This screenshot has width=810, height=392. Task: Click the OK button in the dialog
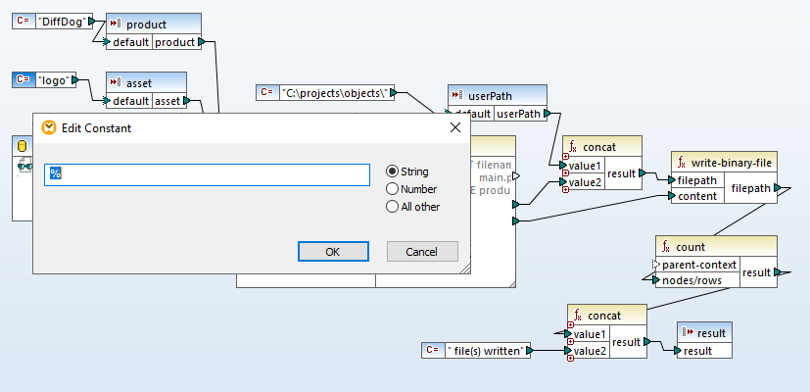[332, 252]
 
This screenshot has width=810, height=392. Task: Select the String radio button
[393, 171]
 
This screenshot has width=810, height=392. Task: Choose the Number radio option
[393, 189]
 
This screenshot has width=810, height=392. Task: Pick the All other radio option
[393, 207]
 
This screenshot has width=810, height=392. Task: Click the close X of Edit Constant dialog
[454, 127]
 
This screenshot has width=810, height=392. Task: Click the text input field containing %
[208, 174]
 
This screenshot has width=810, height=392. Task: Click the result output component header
[704, 333]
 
